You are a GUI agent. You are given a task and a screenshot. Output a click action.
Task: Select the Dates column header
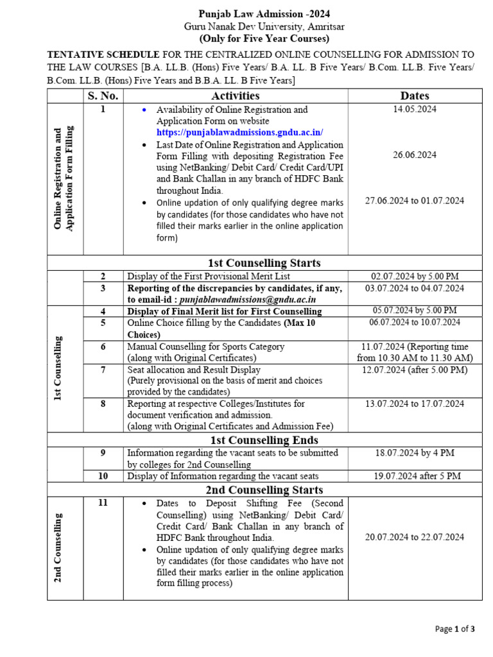tap(414, 96)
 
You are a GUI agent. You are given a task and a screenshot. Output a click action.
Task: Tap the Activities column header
tap(236, 96)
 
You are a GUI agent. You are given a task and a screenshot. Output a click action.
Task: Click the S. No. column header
tap(103, 96)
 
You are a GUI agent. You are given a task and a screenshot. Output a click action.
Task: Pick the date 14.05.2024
tap(415, 110)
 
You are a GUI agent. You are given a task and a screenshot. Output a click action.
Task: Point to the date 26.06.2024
tap(415, 155)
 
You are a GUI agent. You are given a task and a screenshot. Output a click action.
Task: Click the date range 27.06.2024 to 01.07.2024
tap(415, 201)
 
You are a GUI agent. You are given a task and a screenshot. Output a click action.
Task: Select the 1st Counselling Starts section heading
tap(264, 263)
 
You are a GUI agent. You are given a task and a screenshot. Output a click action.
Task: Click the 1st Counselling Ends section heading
tap(264, 440)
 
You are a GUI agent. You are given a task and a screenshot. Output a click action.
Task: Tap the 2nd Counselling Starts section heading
tap(264, 490)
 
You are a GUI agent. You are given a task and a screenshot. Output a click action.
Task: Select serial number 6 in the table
tap(103, 346)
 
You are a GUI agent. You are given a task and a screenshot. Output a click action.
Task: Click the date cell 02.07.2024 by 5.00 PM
tap(415, 277)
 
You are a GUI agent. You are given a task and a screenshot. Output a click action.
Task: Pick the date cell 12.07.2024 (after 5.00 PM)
tap(415, 370)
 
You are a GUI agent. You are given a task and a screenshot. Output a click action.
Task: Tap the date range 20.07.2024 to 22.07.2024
tap(415, 538)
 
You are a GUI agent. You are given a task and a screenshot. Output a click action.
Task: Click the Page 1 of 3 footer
tap(455, 629)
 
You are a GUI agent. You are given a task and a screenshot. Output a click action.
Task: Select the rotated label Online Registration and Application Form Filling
tap(64, 178)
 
